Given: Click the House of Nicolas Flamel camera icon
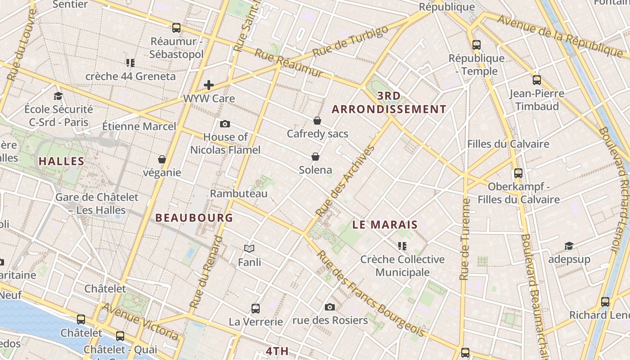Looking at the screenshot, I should [x=225, y=124].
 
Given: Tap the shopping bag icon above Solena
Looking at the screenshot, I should [x=315, y=157].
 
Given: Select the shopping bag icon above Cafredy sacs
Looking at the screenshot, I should [x=317, y=121].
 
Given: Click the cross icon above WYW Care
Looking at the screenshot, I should [x=208, y=85].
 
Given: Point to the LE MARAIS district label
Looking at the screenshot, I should [x=385, y=225].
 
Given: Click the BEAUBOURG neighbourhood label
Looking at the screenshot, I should [x=194, y=218].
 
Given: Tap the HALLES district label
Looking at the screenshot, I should [x=62, y=161].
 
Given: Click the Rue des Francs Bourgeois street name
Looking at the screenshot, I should [x=370, y=293].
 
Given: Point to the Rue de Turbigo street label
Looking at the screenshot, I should [x=350, y=41].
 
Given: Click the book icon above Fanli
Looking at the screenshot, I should [x=249, y=248].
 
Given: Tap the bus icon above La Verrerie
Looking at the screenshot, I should [x=256, y=309].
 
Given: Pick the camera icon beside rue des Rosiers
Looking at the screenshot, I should [x=330, y=307].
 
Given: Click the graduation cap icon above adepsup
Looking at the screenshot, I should [x=569, y=246].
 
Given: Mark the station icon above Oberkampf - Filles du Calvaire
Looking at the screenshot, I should [x=518, y=173].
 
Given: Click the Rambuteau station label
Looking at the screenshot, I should [x=238, y=193].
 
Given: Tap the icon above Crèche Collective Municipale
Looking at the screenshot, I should [x=402, y=246].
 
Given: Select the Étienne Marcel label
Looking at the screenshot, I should [x=139, y=126].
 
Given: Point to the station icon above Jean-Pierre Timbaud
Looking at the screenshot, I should [x=537, y=80].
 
